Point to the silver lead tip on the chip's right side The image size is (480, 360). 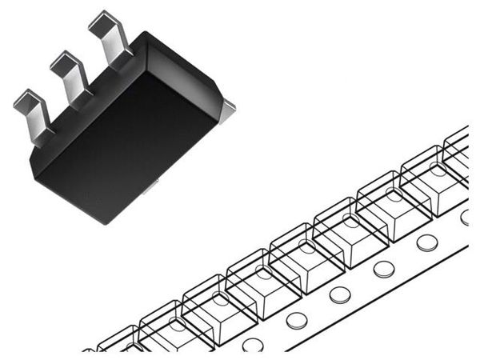point(229,104)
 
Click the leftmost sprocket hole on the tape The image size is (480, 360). point(254,345)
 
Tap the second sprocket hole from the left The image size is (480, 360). point(297,320)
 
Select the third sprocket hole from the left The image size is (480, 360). point(340,294)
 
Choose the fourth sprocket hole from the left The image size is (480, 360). point(383,269)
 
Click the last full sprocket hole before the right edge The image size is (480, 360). point(426,242)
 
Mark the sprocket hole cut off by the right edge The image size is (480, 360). point(466,217)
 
